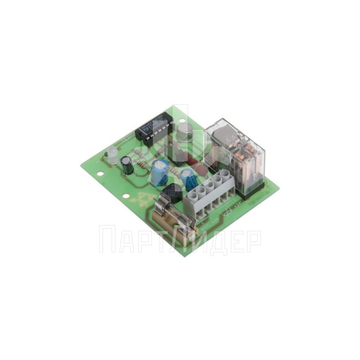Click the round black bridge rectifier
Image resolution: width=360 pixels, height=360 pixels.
pyautogui.click(x=172, y=193)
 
